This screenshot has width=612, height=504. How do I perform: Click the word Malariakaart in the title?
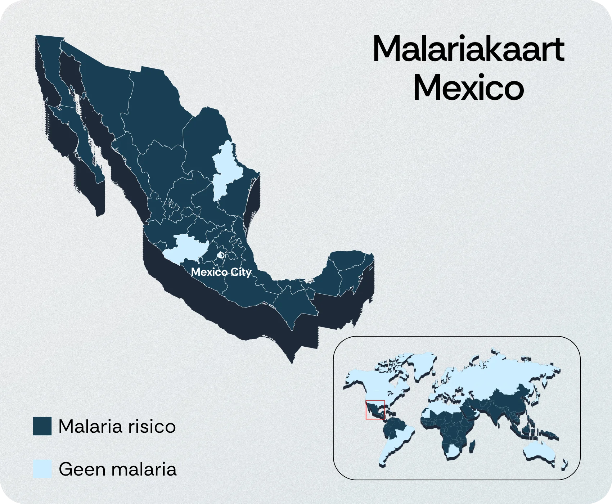pyautogui.click(x=468, y=49)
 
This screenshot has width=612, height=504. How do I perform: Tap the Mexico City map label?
pyautogui.click(x=221, y=272)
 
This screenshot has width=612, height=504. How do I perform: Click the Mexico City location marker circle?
pyautogui.click(x=221, y=255)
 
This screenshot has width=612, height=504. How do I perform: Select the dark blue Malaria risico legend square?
pyautogui.click(x=42, y=426)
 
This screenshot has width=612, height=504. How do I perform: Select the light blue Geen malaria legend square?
pyautogui.click(x=42, y=469)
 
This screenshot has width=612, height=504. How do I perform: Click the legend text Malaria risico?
pyautogui.click(x=117, y=427)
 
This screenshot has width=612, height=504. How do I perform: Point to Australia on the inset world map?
pyautogui.click(x=540, y=450)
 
